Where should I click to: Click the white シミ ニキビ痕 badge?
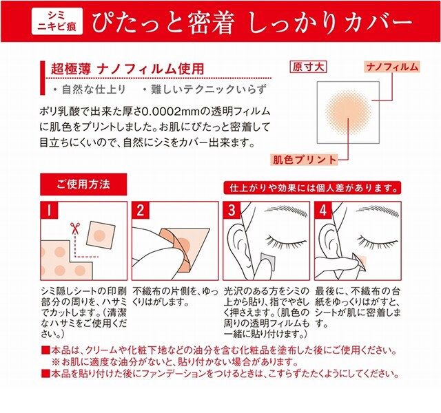pyautogui.click(x=57, y=21)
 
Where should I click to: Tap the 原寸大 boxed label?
pyautogui.click(x=308, y=67)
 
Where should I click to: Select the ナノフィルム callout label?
pyautogui.click(x=392, y=67)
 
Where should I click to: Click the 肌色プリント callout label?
pyautogui.click(x=305, y=160)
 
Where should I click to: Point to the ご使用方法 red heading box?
pyautogui.click(x=83, y=184)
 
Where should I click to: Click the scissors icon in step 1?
pyautogui.click(x=75, y=228)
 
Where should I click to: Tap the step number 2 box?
pyautogui.click(x=141, y=210)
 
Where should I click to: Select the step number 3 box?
pyautogui.click(x=232, y=210)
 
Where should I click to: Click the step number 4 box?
pyautogui.click(x=323, y=210)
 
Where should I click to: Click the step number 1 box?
pyautogui.click(x=49, y=210)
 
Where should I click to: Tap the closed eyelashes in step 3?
pyautogui.click(x=287, y=242)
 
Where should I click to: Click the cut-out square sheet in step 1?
pyautogui.click(x=101, y=235)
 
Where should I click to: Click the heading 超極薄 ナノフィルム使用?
pyautogui.click(x=127, y=69)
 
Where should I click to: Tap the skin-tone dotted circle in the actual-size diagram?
pyautogui.click(x=348, y=112)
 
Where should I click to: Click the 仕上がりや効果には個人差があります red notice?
pyautogui.click(x=312, y=188)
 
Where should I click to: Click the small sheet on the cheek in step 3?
pyautogui.click(x=268, y=260)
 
